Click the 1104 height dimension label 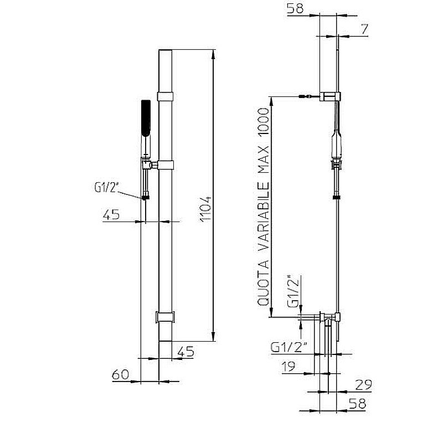point(206,209)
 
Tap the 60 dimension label point(120,375)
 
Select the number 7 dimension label point(364,29)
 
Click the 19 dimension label point(289,367)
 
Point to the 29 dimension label point(363,385)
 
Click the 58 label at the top point(295,8)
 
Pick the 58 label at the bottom point(357,404)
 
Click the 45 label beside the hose point(111,215)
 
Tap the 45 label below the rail point(186,352)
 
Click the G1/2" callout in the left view point(106,188)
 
